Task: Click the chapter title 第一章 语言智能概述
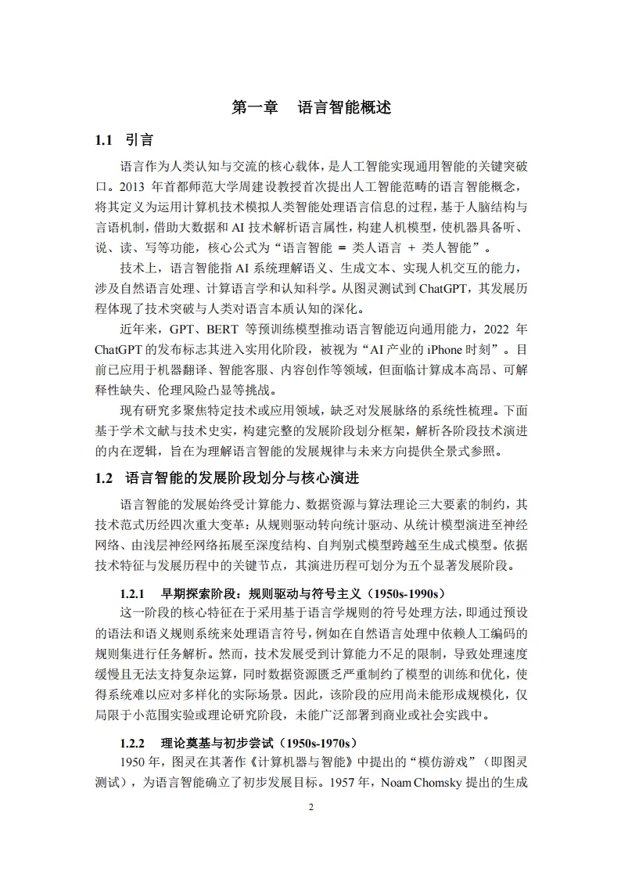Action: pos(311,108)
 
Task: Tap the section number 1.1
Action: pos(105,141)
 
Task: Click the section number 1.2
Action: pos(105,477)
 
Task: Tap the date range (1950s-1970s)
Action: pos(310,743)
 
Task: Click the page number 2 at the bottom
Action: pos(310,807)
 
